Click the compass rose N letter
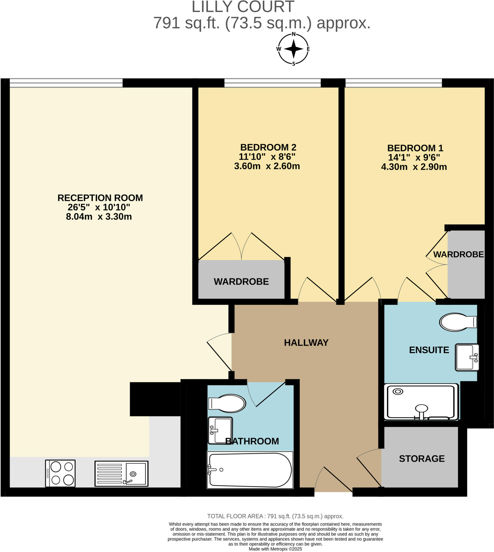coord(294,34)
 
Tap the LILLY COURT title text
coord(243,7)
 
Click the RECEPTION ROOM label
coord(100,198)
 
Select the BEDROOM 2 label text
coord(268,147)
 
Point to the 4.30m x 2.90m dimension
coord(414,167)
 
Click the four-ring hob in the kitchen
coord(60,473)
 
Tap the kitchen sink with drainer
coord(121,473)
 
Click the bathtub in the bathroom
coord(250,470)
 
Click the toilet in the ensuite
coord(458,322)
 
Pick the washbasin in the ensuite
coord(466,357)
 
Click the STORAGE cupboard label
coord(421,458)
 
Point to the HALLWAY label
coord(306,343)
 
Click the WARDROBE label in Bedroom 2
coord(241,281)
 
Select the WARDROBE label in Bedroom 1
coord(458,254)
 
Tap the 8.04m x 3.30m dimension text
coord(99,217)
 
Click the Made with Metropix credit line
coord(275,549)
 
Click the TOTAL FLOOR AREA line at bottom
coord(275,516)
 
